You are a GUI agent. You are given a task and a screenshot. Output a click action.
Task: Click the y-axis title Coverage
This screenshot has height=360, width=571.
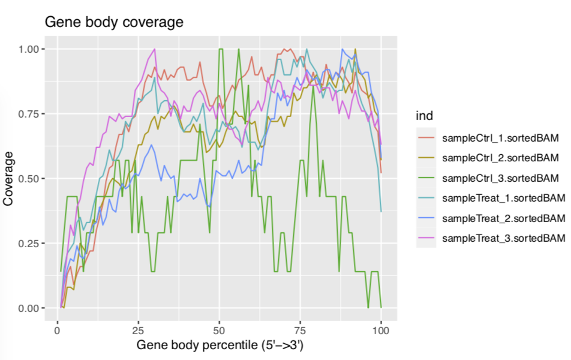pos(8,178)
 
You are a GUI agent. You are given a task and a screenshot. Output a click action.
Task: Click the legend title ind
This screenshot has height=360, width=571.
pos(424,115)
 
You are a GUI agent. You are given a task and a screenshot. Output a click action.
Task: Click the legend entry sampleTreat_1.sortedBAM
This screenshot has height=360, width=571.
pos(503,198)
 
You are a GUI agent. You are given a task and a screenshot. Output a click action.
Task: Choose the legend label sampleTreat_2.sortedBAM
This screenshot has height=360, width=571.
pos(503,218)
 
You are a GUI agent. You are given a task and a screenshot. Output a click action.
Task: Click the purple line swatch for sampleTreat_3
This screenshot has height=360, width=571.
pos(426,238)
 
